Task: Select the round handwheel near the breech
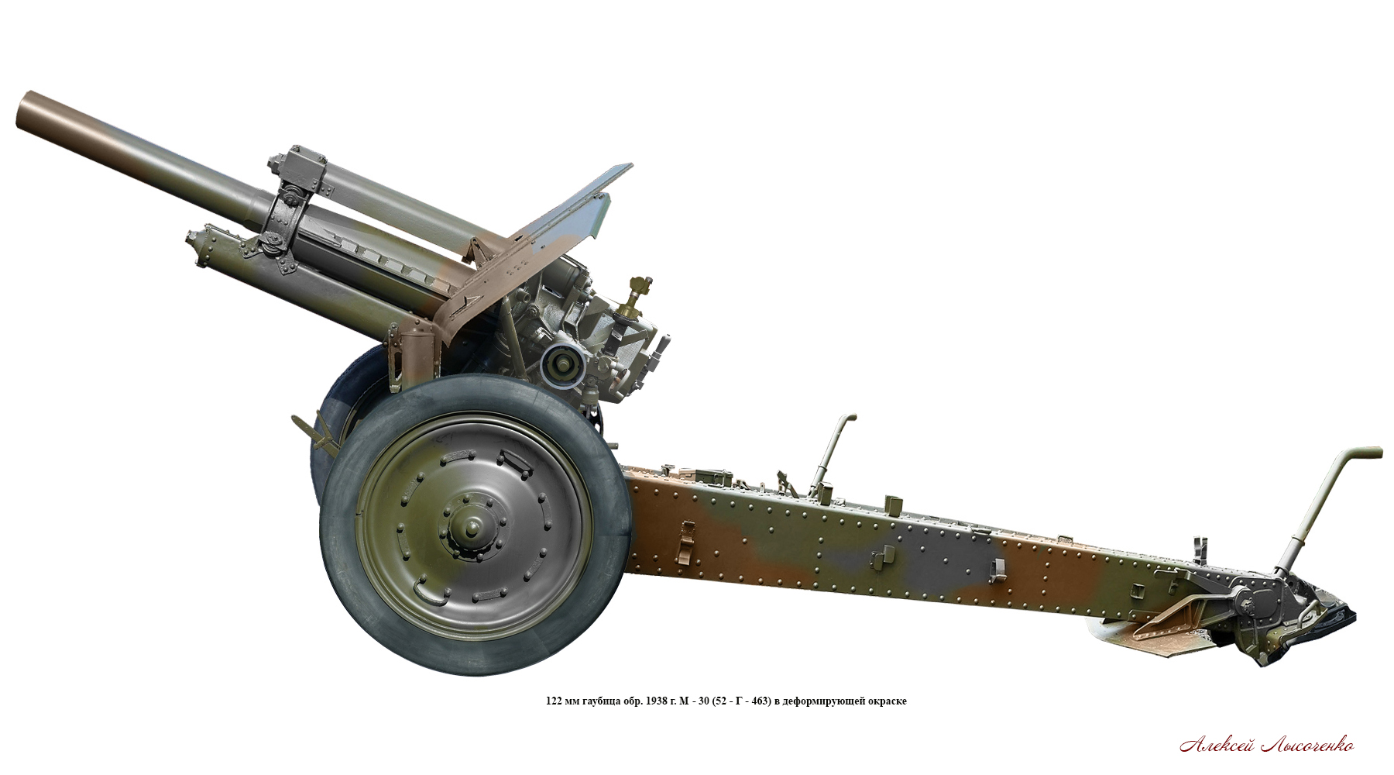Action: coord(561,363)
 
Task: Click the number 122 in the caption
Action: coord(554,701)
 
